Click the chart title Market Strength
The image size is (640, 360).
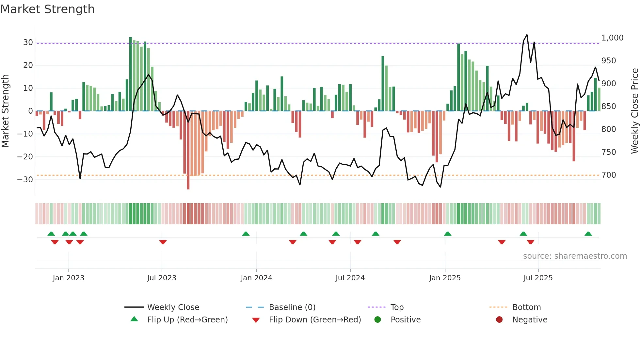pos(47,9)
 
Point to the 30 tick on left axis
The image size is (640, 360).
pos(28,42)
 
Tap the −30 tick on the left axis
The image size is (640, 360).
pos(25,180)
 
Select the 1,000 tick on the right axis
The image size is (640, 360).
pos(612,38)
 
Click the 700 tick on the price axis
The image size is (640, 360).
pos(609,175)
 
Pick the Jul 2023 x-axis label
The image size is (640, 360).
pos(162,278)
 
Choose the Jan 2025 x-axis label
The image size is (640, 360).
pos(445,278)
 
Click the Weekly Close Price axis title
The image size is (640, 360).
pos(634,111)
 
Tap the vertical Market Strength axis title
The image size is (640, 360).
pos(6,111)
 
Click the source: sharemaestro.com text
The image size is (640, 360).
pos(575,256)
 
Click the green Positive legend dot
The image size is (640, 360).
pos(378,320)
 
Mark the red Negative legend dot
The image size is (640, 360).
pos(499,320)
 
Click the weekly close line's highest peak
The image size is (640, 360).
pos(527,35)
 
